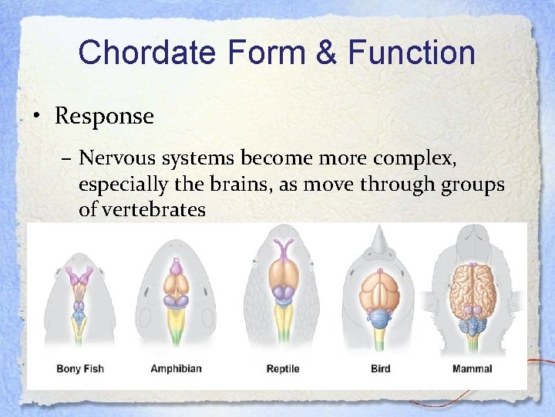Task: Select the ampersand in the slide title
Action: pos(325,53)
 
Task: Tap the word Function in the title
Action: pos(411,53)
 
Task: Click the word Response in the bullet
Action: pos(104,117)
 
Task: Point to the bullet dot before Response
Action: pos(36,117)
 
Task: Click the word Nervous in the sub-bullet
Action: pos(117,158)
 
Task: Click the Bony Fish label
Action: pos(80,368)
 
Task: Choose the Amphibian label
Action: pos(176,368)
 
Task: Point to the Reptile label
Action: pos(282,368)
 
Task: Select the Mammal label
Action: pos(472,368)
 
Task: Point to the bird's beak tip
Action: pos(378,229)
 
